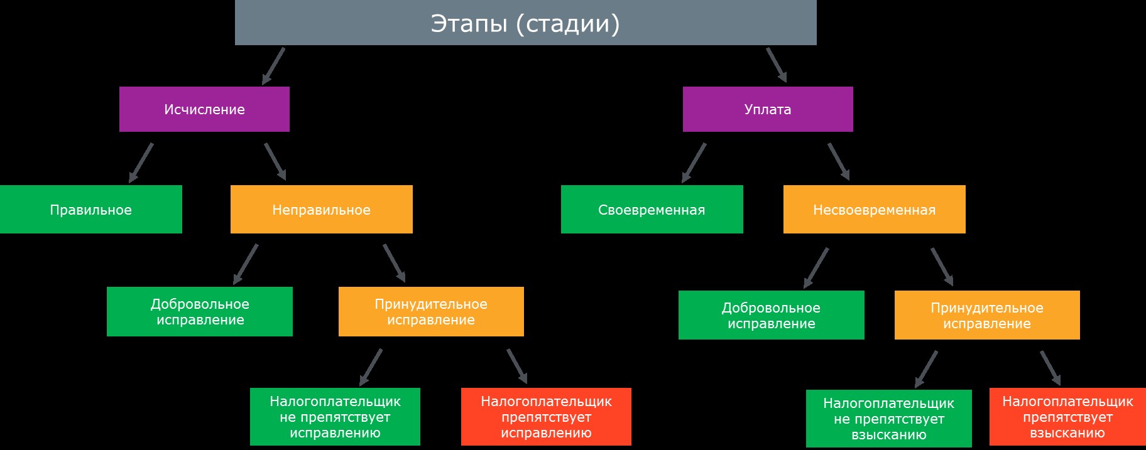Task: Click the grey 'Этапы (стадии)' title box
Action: pos(525,23)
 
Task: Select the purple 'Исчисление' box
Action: pos(204,109)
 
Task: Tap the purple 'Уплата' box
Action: pos(768,109)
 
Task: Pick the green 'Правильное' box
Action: pos(91,210)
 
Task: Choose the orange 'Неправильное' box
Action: pos(322,210)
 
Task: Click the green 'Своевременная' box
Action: pos(652,210)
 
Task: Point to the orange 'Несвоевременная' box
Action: pos(875,210)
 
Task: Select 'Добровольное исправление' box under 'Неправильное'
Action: pos(200,312)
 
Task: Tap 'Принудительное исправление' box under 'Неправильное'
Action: pos(431,312)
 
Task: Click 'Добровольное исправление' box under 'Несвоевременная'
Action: pos(772,315)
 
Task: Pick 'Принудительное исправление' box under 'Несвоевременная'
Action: pos(987,315)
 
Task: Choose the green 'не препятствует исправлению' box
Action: pos(335,417)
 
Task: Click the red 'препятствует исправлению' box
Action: pos(546,417)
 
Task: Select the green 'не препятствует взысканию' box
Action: pos(889,419)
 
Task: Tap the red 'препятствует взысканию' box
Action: pos(1067,417)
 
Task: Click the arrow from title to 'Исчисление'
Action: pos(273,66)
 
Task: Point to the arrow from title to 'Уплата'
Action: pos(777,65)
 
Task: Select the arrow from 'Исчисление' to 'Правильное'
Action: pos(141,163)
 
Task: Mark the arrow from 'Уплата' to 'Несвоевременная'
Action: pos(839,162)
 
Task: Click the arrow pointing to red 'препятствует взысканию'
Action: pos(1050,368)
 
